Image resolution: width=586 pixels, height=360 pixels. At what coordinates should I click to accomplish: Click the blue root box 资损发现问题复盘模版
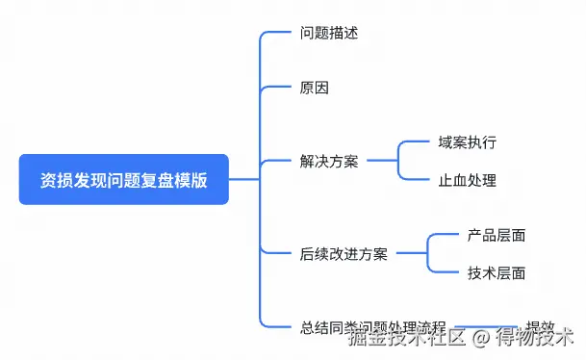click(x=123, y=179)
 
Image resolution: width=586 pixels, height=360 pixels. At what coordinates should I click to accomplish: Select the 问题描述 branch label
click(x=328, y=34)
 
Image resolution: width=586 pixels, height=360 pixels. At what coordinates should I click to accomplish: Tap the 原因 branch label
click(x=314, y=88)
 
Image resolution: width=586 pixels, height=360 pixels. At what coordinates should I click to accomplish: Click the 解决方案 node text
click(x=328, y=161)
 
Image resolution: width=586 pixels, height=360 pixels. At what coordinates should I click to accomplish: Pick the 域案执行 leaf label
click(x=467, y=142)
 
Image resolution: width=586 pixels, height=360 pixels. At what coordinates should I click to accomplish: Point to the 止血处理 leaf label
click(x=467, y=180)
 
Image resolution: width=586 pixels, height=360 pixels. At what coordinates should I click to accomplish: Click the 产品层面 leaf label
click(x=496, y=235)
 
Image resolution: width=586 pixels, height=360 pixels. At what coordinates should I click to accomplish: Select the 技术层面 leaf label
click(x=496, y=272)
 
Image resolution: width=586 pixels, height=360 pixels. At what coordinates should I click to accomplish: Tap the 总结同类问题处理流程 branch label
click(x=372, y=326)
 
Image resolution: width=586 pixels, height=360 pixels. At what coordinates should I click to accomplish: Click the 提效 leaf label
click(x=540, y=326)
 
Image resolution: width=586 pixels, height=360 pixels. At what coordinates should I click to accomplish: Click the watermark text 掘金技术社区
click(x=406, y=339)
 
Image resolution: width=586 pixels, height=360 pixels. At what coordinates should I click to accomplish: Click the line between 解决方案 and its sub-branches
click(x=382, y=161)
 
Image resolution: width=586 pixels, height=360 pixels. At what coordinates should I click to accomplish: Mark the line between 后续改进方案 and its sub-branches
click(x=412, y=254)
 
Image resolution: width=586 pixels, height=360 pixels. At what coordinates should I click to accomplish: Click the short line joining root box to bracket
click(x=244, y=179)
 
